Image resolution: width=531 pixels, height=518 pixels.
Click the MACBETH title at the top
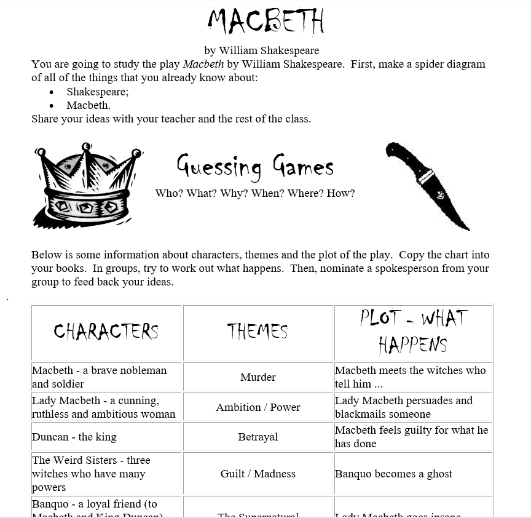(265, 22)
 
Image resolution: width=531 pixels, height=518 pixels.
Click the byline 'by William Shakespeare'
(262, 50)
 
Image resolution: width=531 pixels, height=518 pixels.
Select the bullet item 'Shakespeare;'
(98, 92)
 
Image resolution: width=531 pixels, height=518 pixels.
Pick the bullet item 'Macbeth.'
(88, 105)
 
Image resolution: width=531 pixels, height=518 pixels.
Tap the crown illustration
(88, 184)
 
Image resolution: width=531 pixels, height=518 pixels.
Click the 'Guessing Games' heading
(255, 165)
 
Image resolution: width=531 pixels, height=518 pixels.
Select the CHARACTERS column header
(106, 332)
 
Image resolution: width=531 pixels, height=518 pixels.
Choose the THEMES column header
(258, 332)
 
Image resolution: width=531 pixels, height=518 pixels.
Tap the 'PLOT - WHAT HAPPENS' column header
(413, 332)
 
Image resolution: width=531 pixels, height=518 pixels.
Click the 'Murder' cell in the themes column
(258, 377)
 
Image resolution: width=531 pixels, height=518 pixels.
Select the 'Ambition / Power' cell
(258, 407)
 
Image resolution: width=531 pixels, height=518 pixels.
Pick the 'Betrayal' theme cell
(258, 437)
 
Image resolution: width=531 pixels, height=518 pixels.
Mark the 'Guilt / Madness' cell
(258, 474)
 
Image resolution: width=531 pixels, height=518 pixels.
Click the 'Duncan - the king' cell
(74, 437)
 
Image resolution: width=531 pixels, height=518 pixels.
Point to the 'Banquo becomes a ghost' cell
(393, 474)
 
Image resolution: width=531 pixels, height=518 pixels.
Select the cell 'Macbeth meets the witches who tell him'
(410, 377)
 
